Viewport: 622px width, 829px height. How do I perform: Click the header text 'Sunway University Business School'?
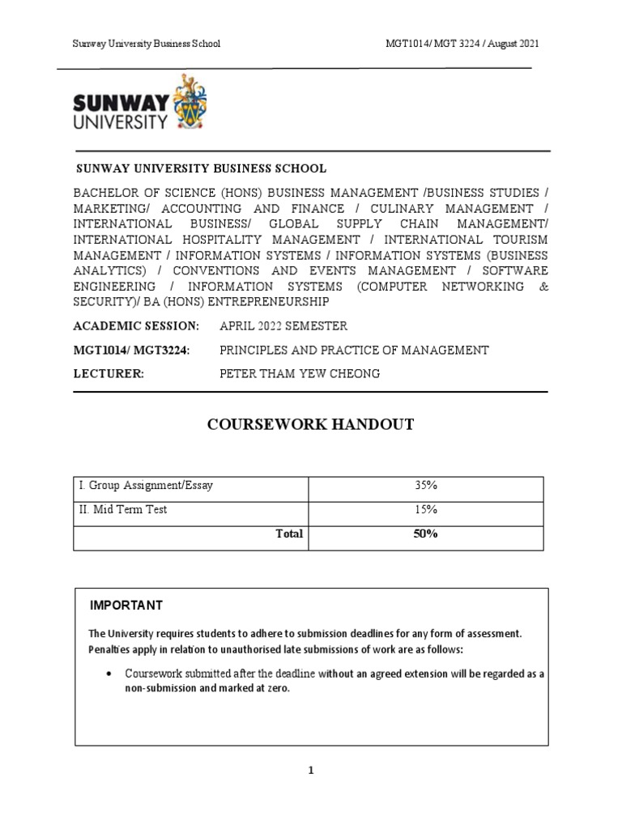pos(146,44)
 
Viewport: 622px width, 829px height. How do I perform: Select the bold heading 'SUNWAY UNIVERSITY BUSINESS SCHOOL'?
pos(201,169)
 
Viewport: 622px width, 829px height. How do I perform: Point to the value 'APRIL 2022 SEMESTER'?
pos(283,326)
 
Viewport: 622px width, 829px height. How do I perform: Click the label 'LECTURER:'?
pos(109,374)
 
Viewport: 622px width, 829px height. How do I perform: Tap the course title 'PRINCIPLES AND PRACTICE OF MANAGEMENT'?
pos(355,351)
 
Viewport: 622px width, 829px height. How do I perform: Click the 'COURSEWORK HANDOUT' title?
pos(311,425)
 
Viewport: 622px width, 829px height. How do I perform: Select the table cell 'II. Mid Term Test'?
pos(123,510)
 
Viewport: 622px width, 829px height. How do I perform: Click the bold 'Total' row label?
pos(289,534)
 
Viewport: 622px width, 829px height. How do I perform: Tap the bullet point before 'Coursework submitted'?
pos(107,674)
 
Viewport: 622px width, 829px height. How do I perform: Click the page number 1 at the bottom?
pos(310,771)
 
